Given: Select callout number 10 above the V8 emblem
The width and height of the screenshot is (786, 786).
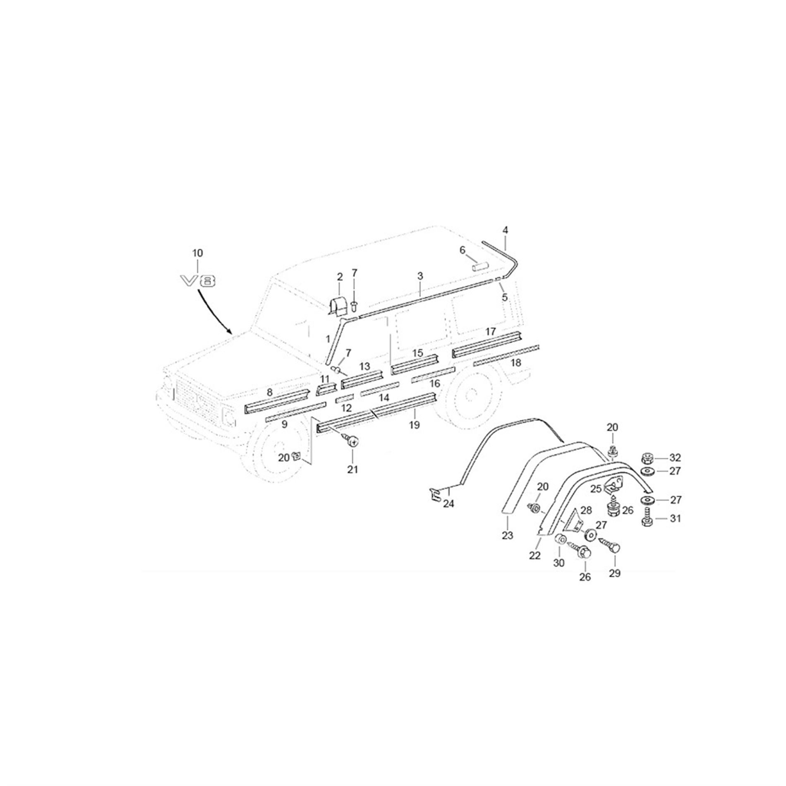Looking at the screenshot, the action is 198,253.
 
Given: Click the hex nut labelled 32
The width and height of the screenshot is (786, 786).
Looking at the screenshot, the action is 647,458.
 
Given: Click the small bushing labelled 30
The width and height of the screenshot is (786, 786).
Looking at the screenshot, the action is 561,539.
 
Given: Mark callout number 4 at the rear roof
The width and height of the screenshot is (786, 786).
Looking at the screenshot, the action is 505,230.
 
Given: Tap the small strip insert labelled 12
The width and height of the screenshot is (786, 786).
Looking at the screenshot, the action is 344,399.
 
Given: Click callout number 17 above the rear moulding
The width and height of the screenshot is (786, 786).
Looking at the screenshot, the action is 490,332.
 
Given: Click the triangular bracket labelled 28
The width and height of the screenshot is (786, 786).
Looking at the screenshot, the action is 573,520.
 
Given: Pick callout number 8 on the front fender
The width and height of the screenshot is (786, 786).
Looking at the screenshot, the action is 269,392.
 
